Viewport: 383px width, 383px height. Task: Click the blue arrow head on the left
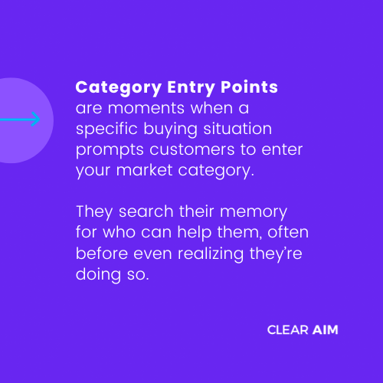[36, 119]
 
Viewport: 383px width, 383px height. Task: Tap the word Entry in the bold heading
[191, 88]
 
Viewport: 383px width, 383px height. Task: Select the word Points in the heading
[249, 87]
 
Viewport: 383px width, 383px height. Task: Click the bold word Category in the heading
[119, 88]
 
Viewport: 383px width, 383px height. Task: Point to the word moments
[146, 108]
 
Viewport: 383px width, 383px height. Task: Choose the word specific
[106, 129]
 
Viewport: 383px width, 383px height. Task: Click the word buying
[170, 129]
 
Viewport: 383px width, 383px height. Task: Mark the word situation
[237, 129]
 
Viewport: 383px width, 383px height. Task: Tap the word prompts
[110, 150]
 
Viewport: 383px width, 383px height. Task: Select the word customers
[192, 149]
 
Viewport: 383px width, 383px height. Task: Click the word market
[145, 170]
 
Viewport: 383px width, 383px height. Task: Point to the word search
[146, 211]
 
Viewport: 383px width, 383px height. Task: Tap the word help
[195, 233]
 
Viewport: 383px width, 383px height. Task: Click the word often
[288, 232]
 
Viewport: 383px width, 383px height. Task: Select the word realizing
[211, 254]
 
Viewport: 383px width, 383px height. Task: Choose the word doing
[98, 275]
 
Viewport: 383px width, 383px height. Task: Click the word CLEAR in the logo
[288, 330]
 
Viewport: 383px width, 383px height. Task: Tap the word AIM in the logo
[326, 330]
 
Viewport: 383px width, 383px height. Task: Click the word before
[102, 254]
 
